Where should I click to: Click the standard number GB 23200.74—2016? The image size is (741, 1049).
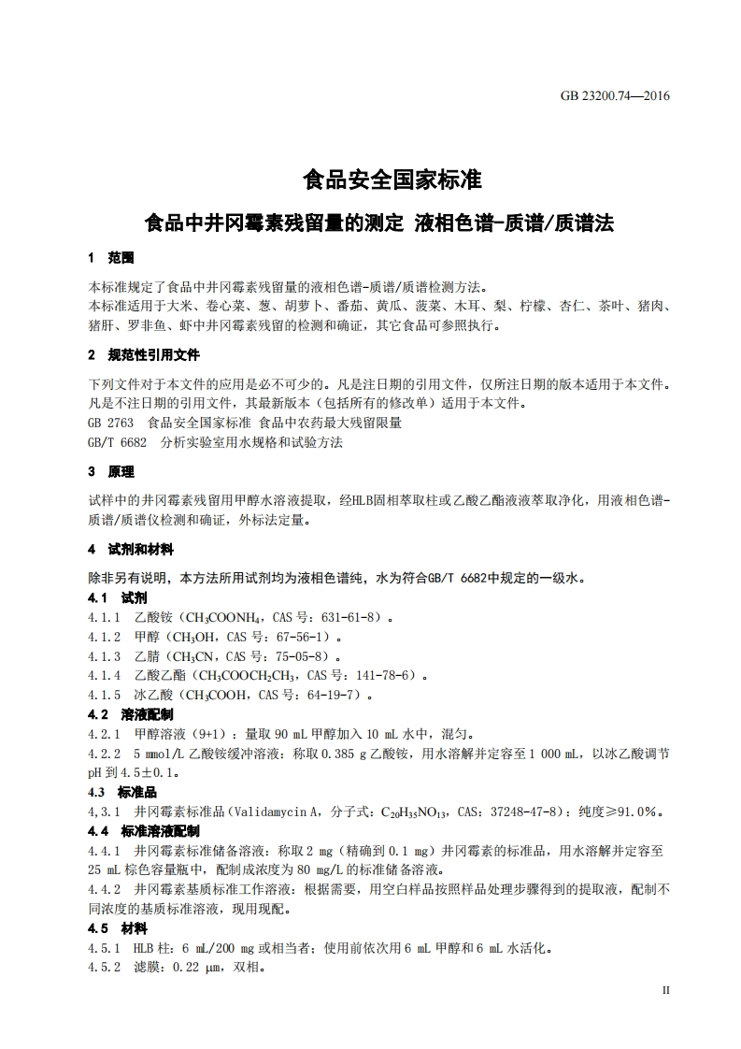(616, 95)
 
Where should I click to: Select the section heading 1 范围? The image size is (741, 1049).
(110, 257)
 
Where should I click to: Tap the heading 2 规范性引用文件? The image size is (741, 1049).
(143, 355)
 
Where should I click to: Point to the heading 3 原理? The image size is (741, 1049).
(110, 471)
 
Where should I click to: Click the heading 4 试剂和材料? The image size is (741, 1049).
(130, 549)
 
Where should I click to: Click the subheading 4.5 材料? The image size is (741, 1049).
(117, 928)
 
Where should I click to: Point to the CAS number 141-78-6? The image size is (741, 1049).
(386, 675)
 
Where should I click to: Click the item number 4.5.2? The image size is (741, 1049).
(104, 968)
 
